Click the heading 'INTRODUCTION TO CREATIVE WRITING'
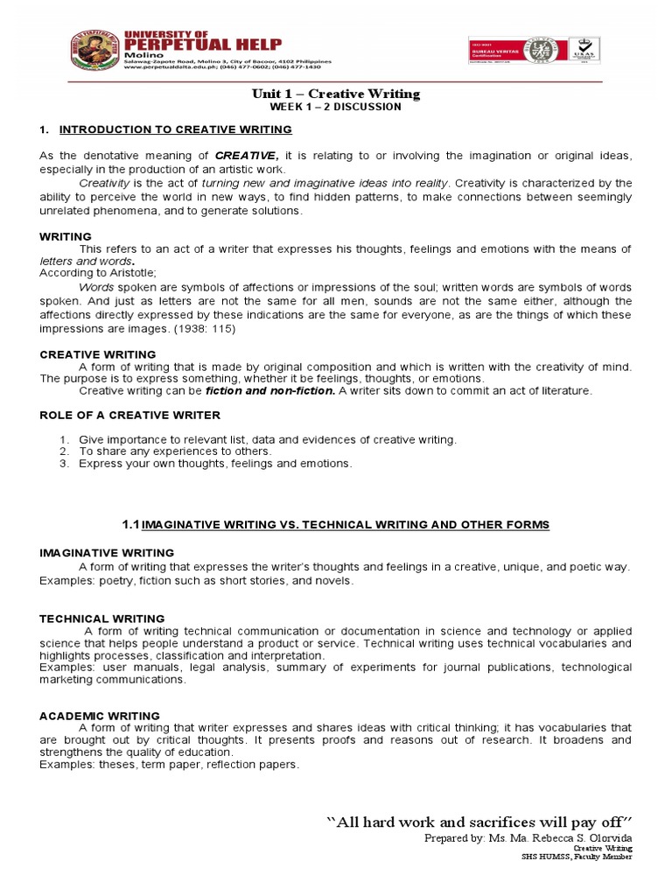pyautogui.click(x=175, y=129)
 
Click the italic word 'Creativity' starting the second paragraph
pyautogui.click(x=104, y=183)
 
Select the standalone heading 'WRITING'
pyautogui.click(x=66, y=236)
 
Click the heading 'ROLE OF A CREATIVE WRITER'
pyautogui.click(x=130, y=415)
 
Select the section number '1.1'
pyautogui.click(x=130, y=524)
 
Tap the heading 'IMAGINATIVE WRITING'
pyautogui.click(x=107, y=553)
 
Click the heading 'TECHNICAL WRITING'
pyautogui.click(x=101, y=619)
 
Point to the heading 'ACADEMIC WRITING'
pyautogui.click(x=100, y=716)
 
